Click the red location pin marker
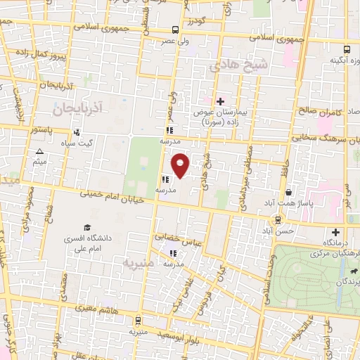click(x=181, y=165)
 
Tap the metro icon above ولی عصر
click(x=174, y=30)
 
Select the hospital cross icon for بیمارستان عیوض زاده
click(x=220, y=101)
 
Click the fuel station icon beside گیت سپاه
click(x=77, y=132)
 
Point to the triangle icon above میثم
click(x=40, y=152)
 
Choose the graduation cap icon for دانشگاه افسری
click(x=87, y=227)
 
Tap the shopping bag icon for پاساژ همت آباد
click(x=288, y=192)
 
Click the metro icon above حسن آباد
click(x=279, y=220)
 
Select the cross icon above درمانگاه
click(x=335, y=233)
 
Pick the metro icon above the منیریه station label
click(x=138, y=319)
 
